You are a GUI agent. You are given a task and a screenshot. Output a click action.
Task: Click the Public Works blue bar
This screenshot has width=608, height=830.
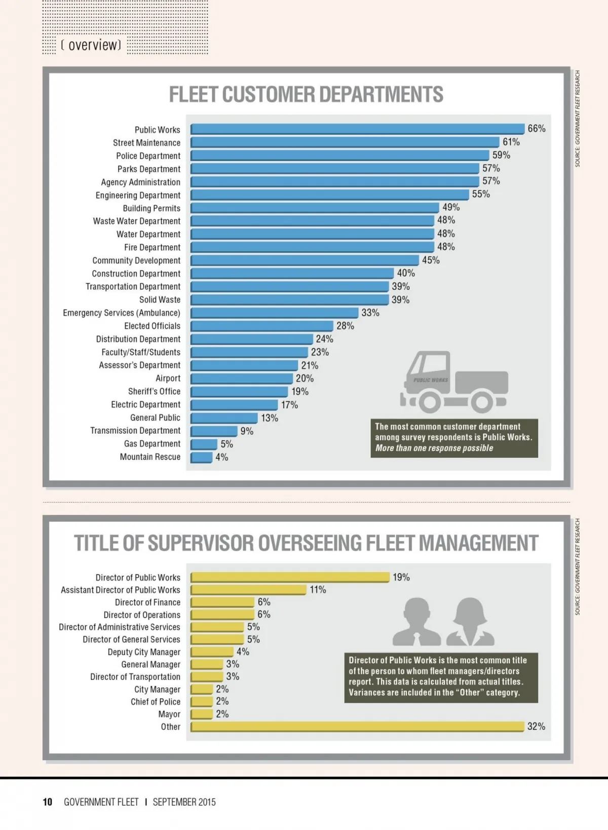[357, 129]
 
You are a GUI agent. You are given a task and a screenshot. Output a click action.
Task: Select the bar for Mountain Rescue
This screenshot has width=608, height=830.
[202, 457]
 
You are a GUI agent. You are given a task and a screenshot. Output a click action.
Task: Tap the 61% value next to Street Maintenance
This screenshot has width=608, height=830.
[511, 142]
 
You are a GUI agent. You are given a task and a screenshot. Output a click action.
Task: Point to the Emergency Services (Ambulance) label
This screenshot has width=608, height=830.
[122, 313]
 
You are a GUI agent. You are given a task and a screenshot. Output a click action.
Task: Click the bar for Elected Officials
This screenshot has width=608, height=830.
[262, 326]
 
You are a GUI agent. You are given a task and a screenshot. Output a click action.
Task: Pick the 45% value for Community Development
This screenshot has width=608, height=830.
[431, 260]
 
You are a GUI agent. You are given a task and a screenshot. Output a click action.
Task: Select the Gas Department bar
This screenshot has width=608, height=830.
[204, 444]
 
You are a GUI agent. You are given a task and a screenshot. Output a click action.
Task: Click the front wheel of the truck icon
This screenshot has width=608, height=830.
[429, 402]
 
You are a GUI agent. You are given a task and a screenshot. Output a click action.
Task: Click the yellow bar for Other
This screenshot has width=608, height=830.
[357, 727]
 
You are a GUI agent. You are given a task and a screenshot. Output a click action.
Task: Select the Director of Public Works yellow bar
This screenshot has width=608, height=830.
[290, 577]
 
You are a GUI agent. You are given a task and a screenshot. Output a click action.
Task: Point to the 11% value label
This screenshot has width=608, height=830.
[318, 589]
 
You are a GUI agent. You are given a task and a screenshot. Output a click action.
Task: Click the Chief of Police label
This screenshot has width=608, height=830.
[156, 702]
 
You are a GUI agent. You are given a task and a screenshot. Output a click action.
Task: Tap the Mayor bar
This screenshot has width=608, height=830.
[202, 714]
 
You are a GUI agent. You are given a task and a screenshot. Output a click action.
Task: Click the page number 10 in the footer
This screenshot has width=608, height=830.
[48, 802]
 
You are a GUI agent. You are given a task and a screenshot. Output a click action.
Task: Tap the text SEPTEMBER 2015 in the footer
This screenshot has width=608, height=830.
[184, 802]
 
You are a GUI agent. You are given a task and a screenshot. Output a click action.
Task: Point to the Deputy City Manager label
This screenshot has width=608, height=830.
[144, 652]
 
